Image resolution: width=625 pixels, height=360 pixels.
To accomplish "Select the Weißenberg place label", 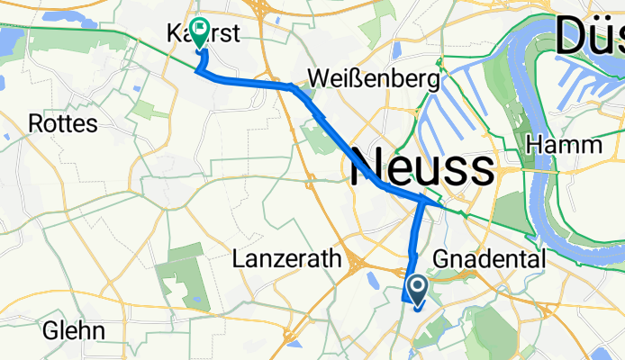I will pos(373,79).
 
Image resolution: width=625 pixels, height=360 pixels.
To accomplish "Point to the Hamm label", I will pos(564,145).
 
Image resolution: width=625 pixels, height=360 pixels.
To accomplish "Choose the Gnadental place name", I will pos(489,259).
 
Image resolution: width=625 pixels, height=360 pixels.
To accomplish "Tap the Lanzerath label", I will pos(286,259).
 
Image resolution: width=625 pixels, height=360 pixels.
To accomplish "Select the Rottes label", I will pos(63,123).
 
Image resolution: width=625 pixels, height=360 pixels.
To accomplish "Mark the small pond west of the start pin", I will pos(371,282).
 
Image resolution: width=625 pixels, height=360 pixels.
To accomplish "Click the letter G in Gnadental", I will pos(442,259).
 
